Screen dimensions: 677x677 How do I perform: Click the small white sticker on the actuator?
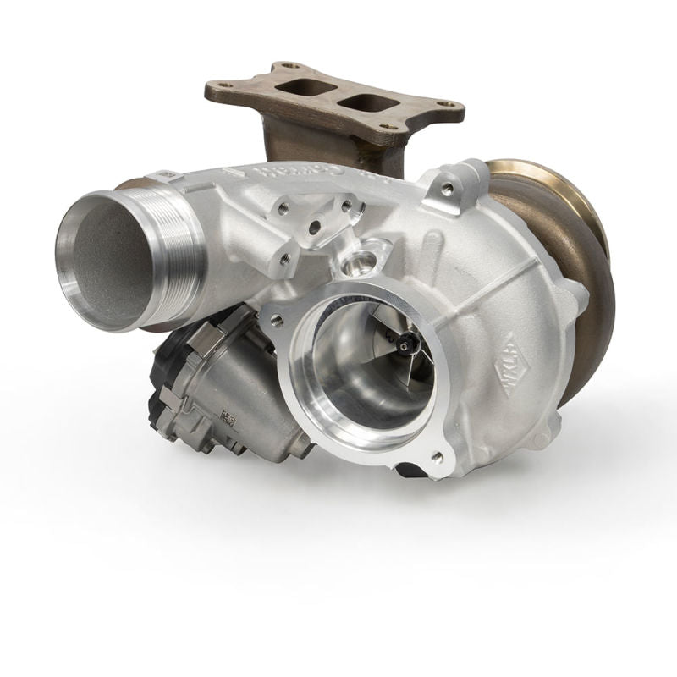(x=227, y=416)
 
